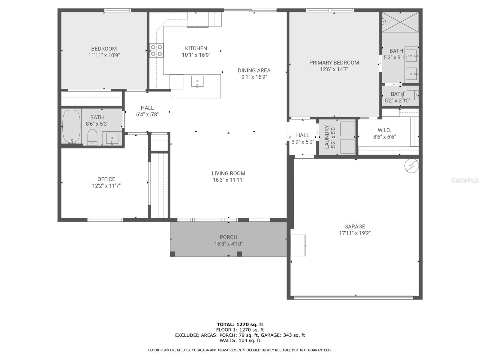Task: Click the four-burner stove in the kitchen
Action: click(156, 50)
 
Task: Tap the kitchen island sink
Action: click(197, 81)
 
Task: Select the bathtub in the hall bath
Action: click(71, 127)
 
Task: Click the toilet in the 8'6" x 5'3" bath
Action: click(92, 137)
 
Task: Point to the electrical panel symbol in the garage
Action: click(412, 166)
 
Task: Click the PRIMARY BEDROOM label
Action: click(334, 63)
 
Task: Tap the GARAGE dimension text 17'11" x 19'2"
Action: click(355, 233)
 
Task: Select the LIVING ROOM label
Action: click(228, 173)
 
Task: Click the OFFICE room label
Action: click(106, 179)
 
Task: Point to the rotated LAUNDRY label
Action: click(327, 137)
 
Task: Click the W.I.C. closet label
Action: click(384, 130)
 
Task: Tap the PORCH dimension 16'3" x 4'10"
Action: click(229, 244)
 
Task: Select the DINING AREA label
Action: click(254, 70)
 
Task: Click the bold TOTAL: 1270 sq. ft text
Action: click(240, 324)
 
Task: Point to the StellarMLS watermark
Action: click(465, 180)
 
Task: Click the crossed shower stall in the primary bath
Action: click(400, 22)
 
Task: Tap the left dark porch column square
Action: click(172, 254)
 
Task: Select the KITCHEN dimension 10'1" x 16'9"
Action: click(196, 55)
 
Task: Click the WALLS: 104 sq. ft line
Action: click(240, 340)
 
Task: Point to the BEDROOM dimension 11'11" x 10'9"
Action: click(104, 55)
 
